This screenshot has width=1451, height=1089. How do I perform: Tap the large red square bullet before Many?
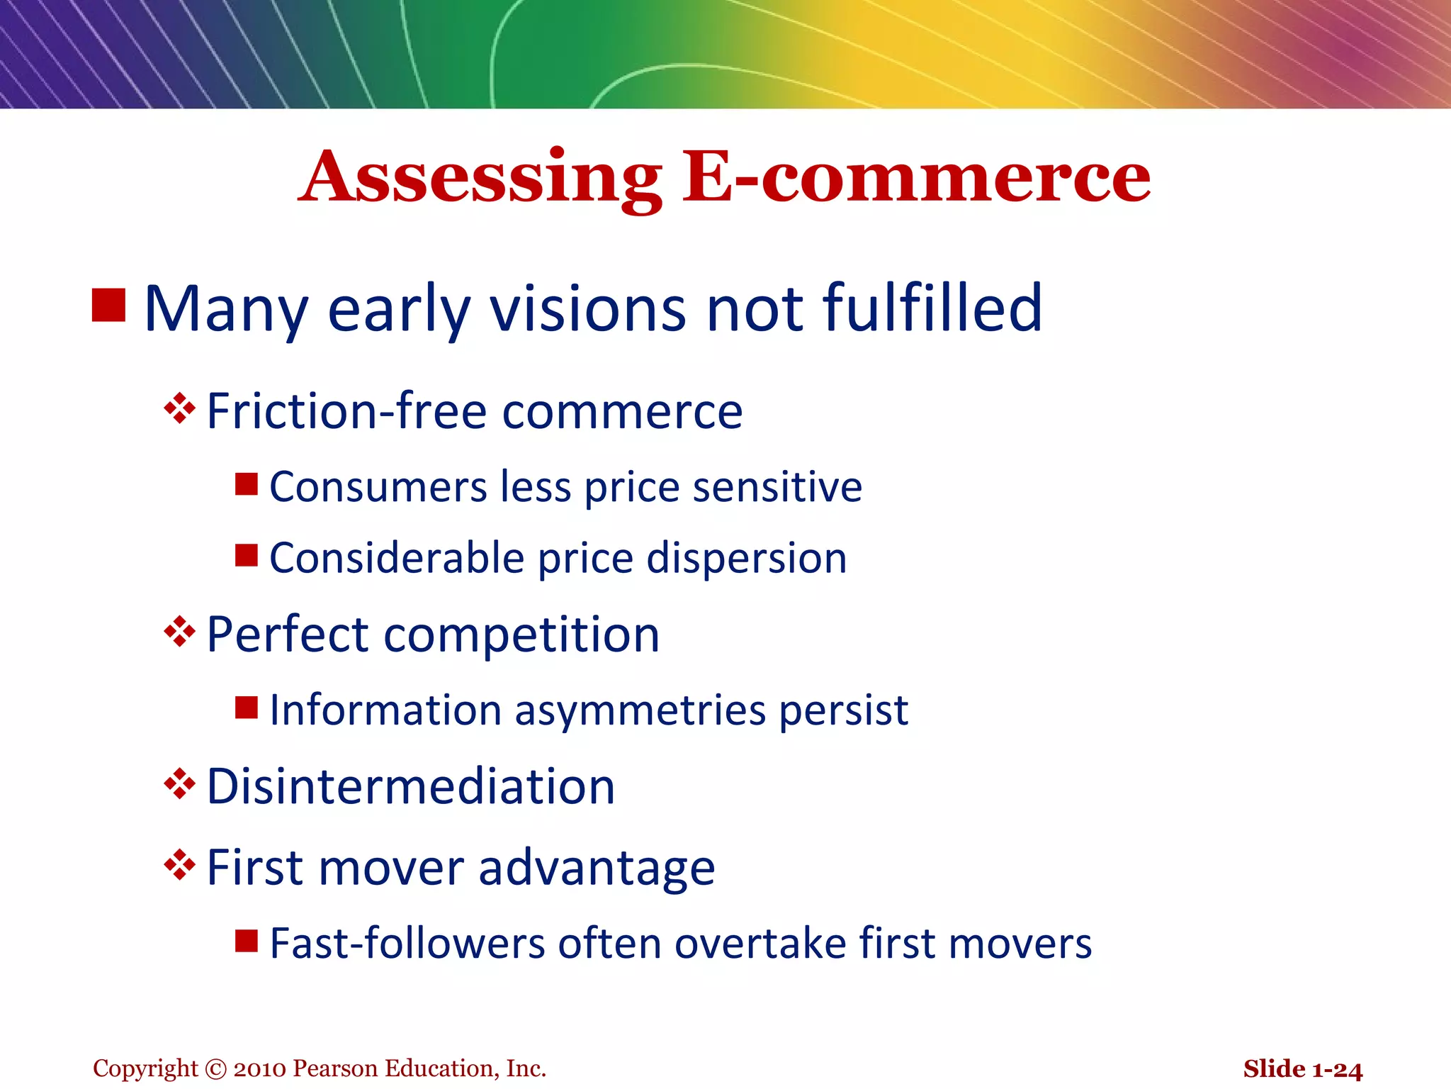(x=109, y=305)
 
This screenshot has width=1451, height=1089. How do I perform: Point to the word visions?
(x=589, y=310)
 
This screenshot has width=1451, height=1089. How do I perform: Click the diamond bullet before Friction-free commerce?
(x=179, y=408)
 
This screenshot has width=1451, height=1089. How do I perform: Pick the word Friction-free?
(x=346, y=411)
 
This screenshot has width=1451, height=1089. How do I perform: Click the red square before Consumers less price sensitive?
(x=247, y=484)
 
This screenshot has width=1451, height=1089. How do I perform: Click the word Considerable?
(x=397, y=558)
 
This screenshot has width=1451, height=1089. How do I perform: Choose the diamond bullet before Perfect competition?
(x=179, y=631)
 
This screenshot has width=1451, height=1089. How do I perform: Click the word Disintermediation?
(x=411, y=786)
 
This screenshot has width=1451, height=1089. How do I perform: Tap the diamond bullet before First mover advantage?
(x=179, y=865)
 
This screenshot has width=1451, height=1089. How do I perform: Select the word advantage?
(x=597, y=869)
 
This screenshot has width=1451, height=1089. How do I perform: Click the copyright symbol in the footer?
(x=215, y=1068)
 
